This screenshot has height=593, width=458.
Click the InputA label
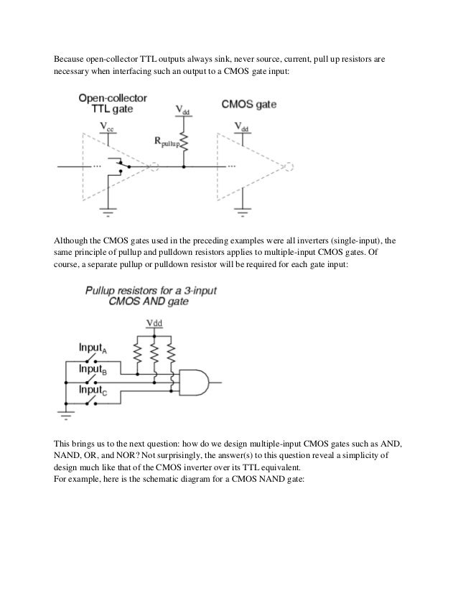coord(93,349)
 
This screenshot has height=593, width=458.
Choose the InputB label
coord(93,369)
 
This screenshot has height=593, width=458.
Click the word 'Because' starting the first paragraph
coord(70,59)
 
